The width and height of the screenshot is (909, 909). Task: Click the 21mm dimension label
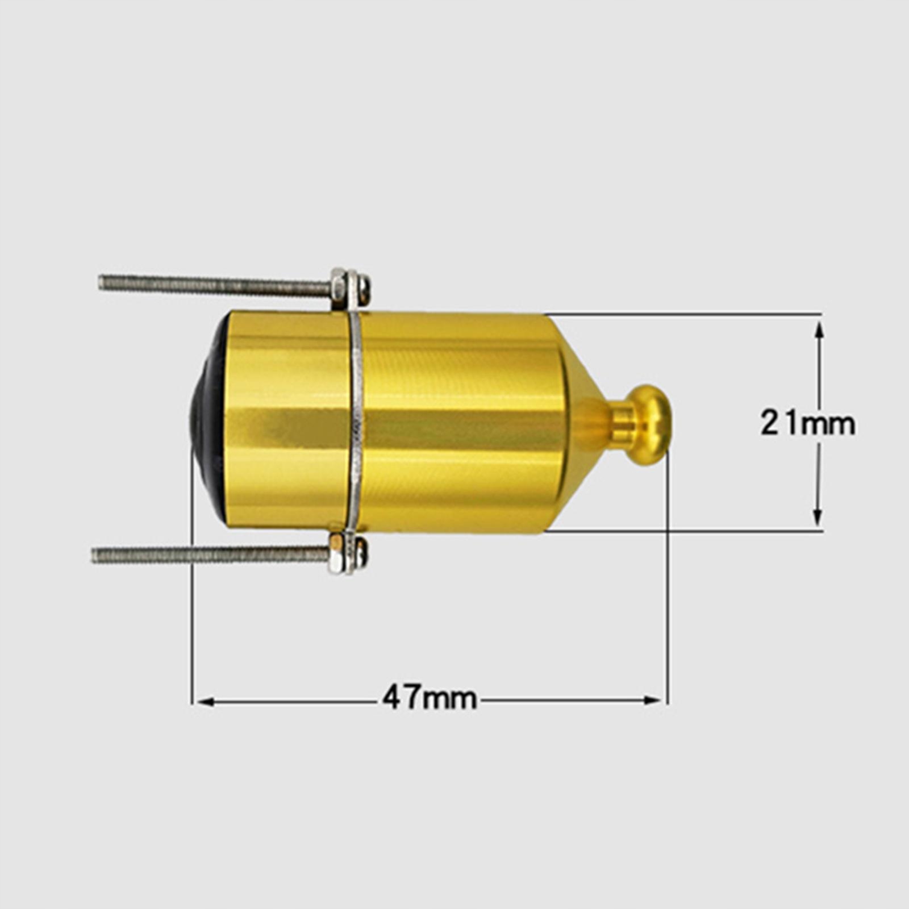(808, 424)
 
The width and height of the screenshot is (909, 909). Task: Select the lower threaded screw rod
(210, 554)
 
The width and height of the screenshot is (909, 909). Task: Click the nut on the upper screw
(339, 287)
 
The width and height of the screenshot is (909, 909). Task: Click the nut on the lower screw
(336, 552)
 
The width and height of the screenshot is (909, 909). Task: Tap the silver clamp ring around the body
(357, 424)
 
